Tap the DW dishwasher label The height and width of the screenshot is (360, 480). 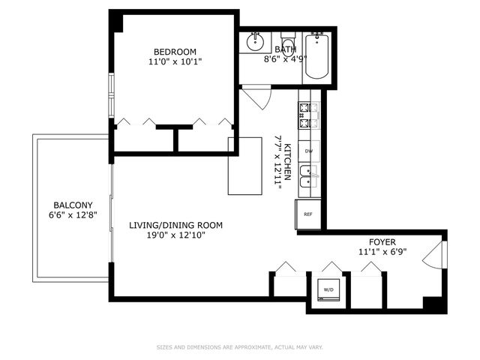click(x=309, y=151)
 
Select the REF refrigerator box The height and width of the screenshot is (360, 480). click(x=308, y=214)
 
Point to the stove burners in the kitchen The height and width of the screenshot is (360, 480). click(x=307, y=114)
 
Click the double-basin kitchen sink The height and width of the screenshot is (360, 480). click(x=307, y=176)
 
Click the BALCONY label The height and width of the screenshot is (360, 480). click(x=73, y=205)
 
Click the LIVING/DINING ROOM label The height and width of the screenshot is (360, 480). click(x=166, y=225)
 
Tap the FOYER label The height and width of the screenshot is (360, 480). click(x=382, y=241)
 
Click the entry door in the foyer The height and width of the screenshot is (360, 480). click(x=433, y=256)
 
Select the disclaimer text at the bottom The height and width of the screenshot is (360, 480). click(x=239, y=347)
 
